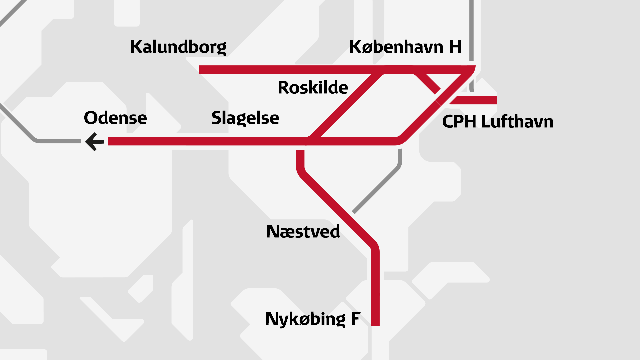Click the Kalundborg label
point(178,47)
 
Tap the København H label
point(405,47)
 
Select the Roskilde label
point(313,88)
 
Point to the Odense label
point(115,118)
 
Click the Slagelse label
point(245,118)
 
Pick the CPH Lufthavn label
point(497,122)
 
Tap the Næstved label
point(303,232)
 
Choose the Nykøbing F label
point(313,319)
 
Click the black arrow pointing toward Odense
point(95,142)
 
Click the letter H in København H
point(455,47)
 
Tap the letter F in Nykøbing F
point(356,319)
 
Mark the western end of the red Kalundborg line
point(201,69)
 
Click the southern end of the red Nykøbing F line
point(375,323)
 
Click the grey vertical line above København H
point(471,30)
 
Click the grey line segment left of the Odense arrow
point(57,141)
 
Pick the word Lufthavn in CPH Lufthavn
point(517,122)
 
